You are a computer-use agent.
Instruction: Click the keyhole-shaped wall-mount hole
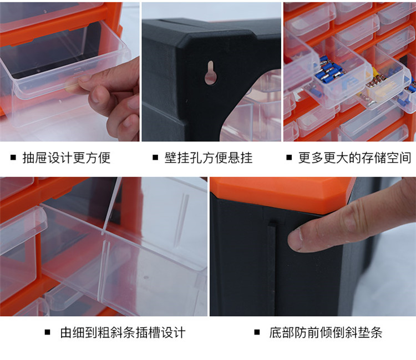[211, 73]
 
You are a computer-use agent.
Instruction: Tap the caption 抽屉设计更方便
[67, 158]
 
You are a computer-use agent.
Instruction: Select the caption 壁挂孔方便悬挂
[208, 158]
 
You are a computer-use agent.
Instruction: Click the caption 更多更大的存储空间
[354, 158]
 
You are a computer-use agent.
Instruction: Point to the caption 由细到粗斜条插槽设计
[123, 332]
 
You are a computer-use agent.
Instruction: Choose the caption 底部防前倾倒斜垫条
[326, 332]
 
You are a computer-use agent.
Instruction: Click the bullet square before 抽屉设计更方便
[13, 158]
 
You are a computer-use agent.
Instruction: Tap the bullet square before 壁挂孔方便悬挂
[155, 158]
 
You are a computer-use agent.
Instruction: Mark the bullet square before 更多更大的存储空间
[289, 158]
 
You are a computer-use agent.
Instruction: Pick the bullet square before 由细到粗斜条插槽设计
[47, 332]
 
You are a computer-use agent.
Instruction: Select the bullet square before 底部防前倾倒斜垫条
[257, 332]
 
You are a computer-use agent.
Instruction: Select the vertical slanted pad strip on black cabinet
[271, 268]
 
